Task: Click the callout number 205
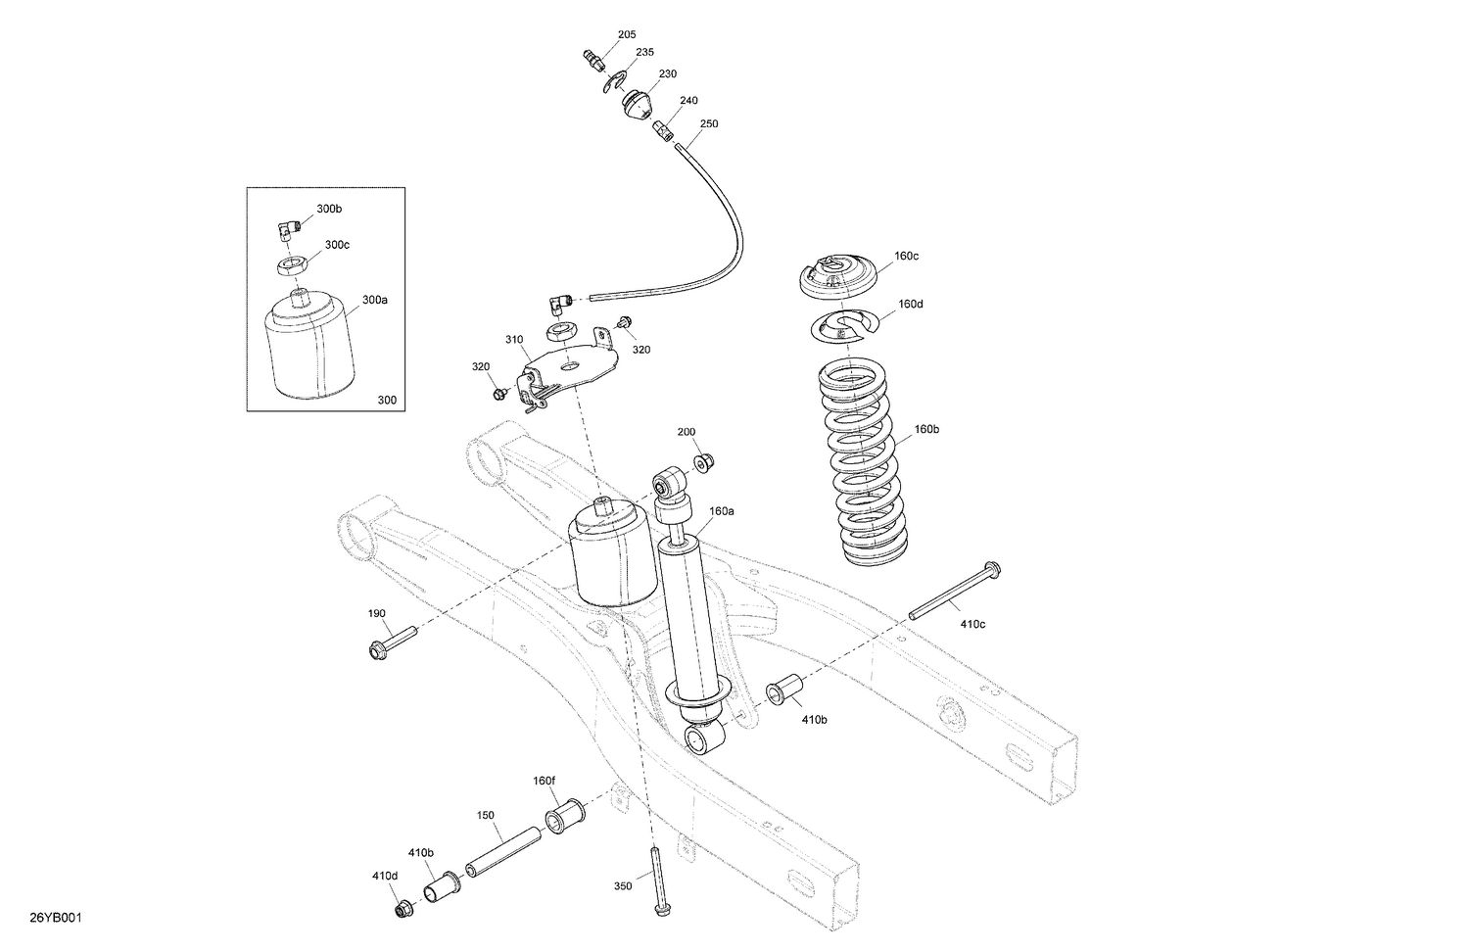[627, 35]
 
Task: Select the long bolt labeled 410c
[950, 592]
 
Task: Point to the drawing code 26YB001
[55, 918]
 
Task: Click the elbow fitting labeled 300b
[285, 231]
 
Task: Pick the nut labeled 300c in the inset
[293, 263]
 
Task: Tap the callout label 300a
[375, 300]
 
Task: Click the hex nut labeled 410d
[403, 910]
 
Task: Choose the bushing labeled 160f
[565, 815]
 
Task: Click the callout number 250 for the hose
[709, 124]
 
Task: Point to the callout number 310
[514, 340]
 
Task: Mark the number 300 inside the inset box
[387, 400]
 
